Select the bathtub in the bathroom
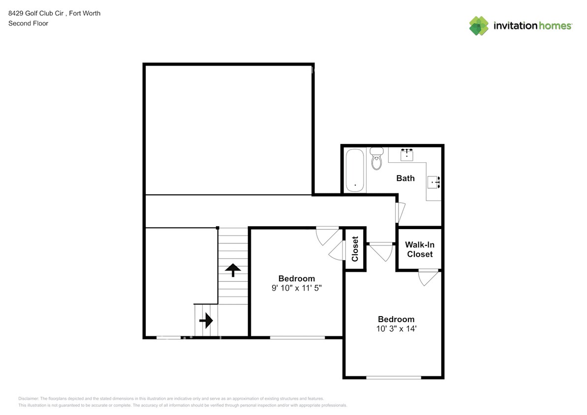[355, 170]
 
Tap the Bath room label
[405, 178]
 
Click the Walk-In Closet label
[420, 249]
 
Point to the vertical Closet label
[355, 249]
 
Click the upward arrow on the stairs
[233, 270]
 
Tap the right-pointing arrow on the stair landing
[206, 320]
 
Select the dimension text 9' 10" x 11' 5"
[297, 288]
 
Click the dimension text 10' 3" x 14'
[396, 328]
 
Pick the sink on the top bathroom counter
[406, 154]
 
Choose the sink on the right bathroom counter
[433, 182]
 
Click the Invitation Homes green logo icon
[479, 26]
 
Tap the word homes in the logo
[555, 26]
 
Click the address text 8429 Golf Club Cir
[36, 13]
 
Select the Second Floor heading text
[28, 23]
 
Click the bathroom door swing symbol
[401, 212]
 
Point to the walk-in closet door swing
[428, 277]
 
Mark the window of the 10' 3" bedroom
[394, 378]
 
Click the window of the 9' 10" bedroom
[297, 337]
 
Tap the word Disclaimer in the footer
[29, 399]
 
